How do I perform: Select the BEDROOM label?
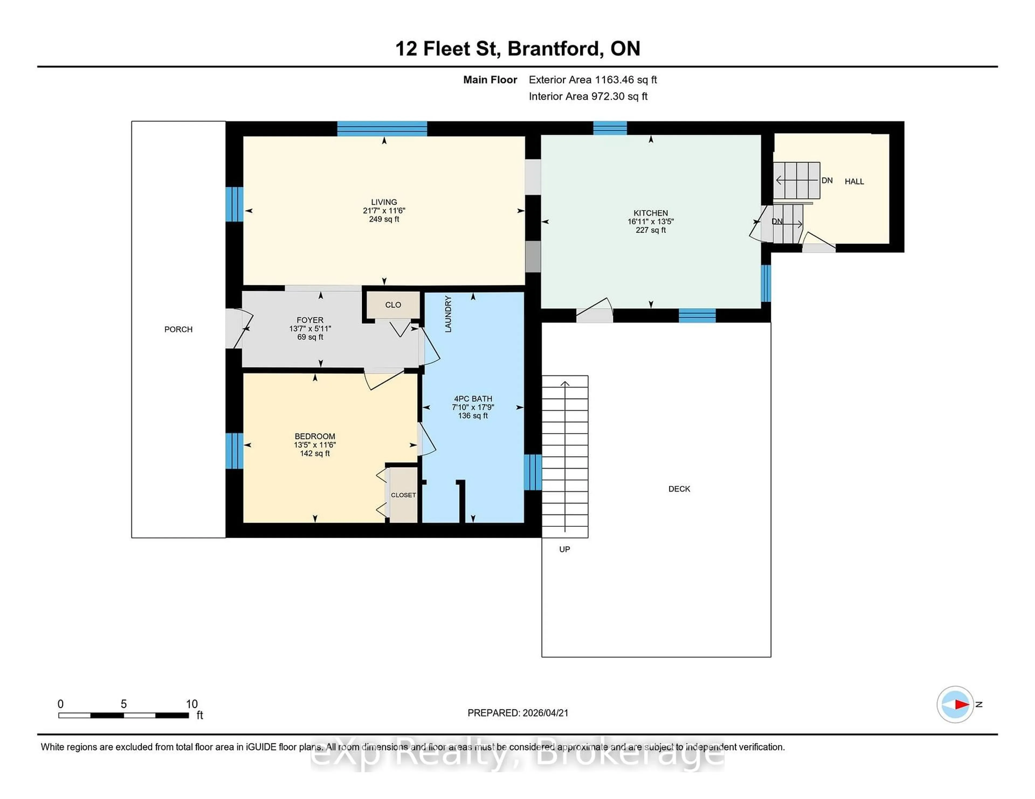point(315,436)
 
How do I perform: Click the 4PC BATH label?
point(473,399)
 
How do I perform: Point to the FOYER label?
point(310,320)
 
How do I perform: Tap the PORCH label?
point(178,329)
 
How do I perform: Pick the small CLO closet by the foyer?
point(393,304)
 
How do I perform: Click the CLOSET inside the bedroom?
point(403,495)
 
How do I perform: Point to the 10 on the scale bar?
point(191,704)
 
